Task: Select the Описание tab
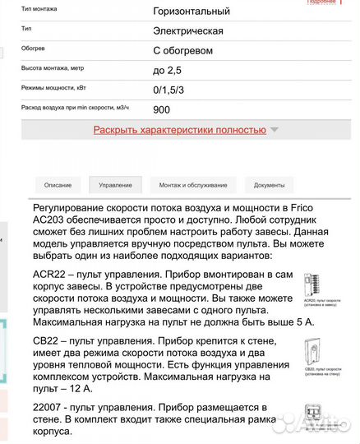pos(58,186)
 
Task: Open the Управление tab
pos(115,186)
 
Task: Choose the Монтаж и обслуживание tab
pos(193,186)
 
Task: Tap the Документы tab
pos(269,186)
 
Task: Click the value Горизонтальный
pos(192,12)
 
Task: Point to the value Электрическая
pos(188,31)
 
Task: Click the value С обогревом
pos(182,51)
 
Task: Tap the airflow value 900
pos(162,108)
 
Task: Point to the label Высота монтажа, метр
pos(54,68)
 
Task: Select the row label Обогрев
pos(34,49)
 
